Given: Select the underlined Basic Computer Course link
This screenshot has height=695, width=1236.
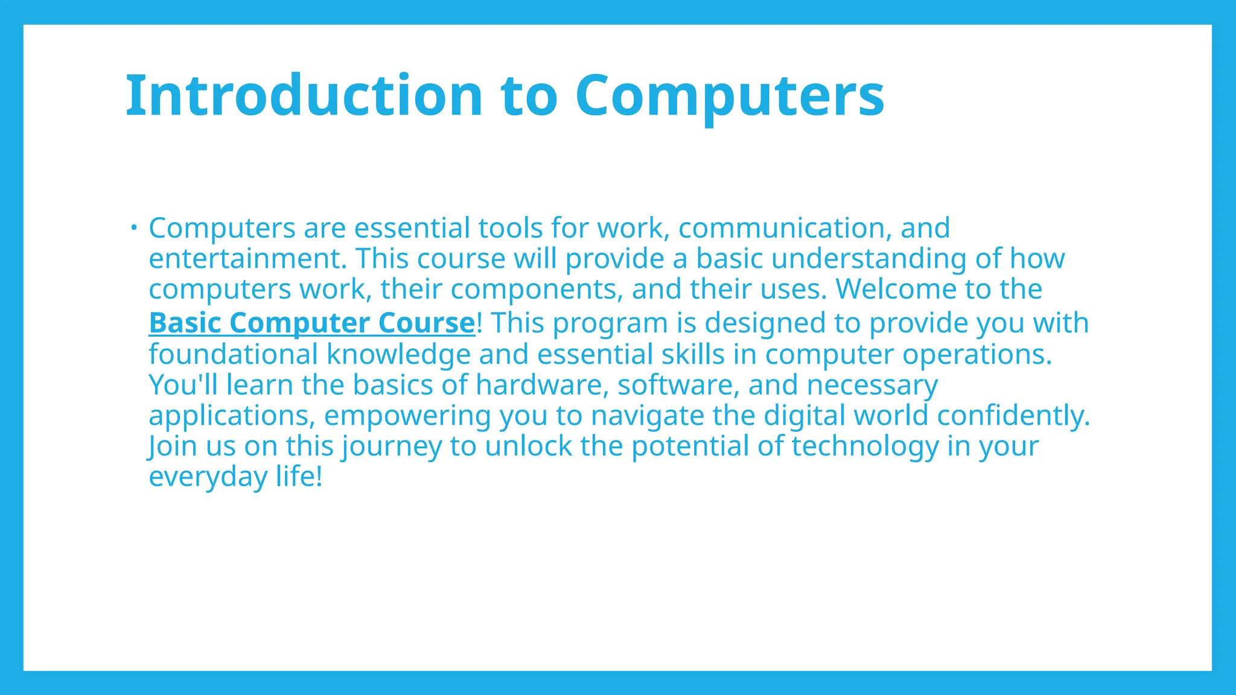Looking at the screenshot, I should point(311,323).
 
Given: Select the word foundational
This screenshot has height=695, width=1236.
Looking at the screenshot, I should point(233,354).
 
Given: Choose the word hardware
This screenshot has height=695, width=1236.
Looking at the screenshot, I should point(542,385).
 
